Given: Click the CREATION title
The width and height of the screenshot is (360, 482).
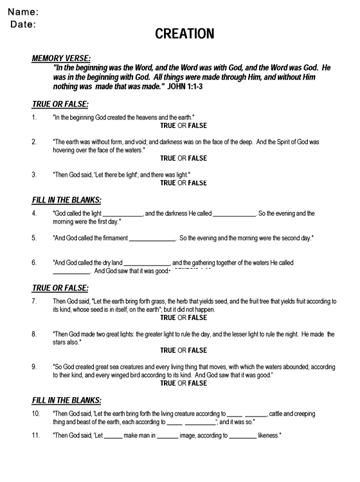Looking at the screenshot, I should tap(184, 34).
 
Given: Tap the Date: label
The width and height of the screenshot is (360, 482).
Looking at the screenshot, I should tap(24, 24).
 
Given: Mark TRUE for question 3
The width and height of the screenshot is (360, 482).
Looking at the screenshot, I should tap(167, 183).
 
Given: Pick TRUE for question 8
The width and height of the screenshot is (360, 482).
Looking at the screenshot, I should tap(167, 350).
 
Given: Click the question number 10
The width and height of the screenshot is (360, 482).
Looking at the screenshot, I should tap(36, 415).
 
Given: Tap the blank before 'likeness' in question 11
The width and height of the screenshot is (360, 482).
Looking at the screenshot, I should tap(242, 436).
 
